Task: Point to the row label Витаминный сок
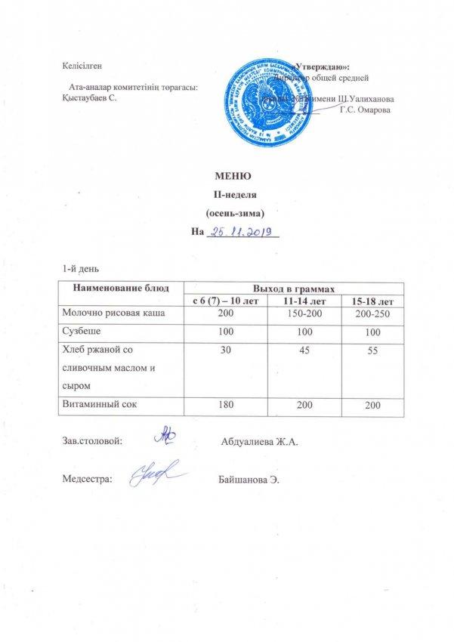click(98, 406)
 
